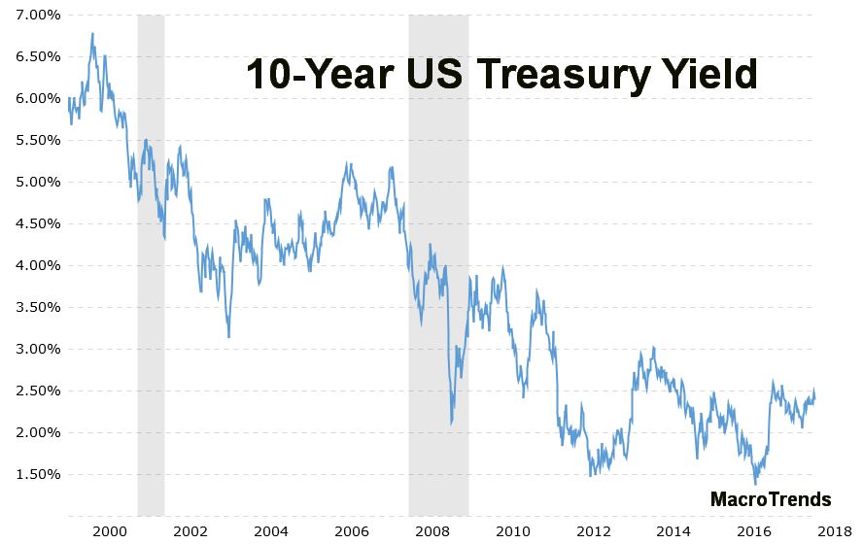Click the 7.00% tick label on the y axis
point(31,15)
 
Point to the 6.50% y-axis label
point(31,56)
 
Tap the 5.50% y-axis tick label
point(31,140)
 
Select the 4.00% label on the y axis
point(31,265)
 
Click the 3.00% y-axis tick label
point(31,349)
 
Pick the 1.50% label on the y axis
point(31,474)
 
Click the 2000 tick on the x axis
point(110,530)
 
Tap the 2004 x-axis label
point(271,530)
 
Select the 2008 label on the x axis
point(432,530)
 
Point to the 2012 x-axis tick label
point(594,530)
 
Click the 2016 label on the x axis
point(755,530)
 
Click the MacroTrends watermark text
point(771,499)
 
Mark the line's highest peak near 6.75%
point(92,34)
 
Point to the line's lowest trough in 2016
point(755,483)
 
